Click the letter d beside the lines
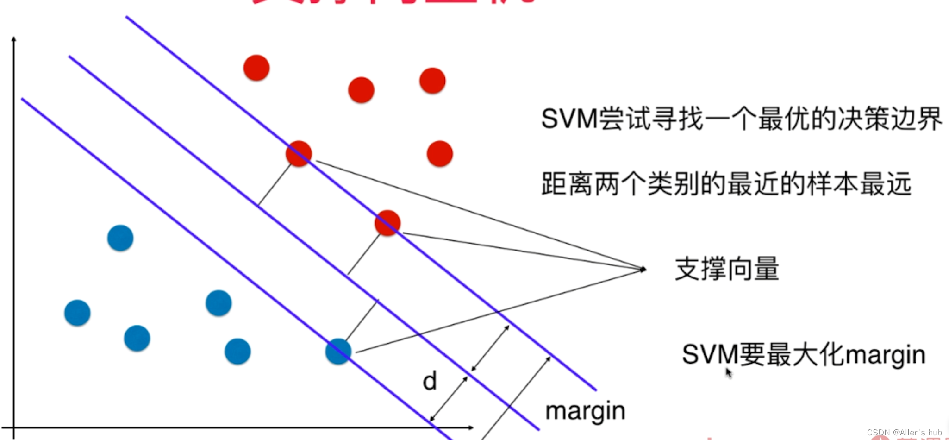click(430, 382)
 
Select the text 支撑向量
click(727, 269)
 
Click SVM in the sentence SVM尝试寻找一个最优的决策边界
click(569, 119)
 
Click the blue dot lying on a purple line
click(338, 351)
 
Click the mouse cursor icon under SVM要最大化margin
click(729, 373)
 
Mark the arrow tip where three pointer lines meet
click(643, 269)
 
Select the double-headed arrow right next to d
click(449, 399)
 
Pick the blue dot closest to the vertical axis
click(77, 313)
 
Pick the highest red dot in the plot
click(256, 68)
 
